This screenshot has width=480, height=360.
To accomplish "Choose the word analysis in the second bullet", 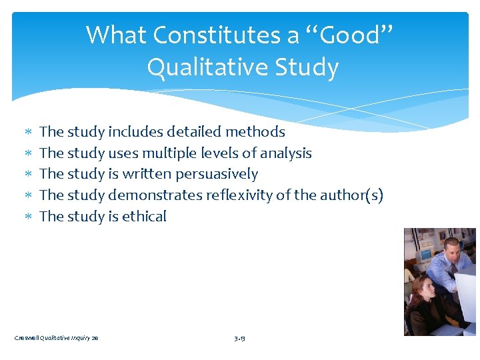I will point(286,153).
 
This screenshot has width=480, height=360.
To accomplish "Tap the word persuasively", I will point(217,175).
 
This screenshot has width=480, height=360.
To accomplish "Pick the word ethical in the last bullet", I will point(145,217).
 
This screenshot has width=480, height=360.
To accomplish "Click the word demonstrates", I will point(155,195).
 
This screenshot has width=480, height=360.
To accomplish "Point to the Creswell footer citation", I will point(57,339).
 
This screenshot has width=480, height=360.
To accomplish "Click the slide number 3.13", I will point(240,339).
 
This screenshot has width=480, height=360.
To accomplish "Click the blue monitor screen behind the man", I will point(425,255).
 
